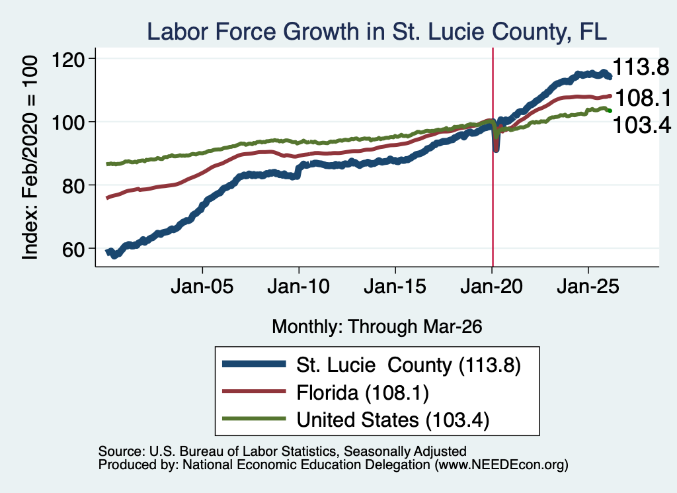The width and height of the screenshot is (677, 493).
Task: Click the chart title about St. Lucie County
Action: (x=377, y=32)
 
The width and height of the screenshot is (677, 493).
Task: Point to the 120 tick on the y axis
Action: (x=68, y=59)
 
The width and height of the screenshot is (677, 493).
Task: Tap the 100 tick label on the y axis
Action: (x=68, y=122)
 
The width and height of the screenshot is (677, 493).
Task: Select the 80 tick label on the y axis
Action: (x=74, y=186)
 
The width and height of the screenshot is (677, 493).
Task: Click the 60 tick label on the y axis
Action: (x=74, y=249)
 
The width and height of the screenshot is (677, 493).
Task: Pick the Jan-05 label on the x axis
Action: (x=202, y=287)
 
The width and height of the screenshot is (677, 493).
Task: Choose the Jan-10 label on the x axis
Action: (x=298, y=287)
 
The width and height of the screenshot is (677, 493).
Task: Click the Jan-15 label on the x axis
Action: (x=395, y=287)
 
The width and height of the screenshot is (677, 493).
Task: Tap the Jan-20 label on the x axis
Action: (x=491, y=287)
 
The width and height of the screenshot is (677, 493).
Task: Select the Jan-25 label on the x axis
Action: (x=588, y=287)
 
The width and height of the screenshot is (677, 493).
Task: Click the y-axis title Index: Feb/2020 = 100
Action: (x=30, y=157)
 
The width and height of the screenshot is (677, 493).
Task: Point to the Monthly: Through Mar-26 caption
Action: (x=377, y=327)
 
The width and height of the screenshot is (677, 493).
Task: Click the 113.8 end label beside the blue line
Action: (x=641, y=67)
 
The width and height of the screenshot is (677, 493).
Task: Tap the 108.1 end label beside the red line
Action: (x=643, y=98)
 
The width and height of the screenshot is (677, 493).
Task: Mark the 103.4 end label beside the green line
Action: (x=641, y=125)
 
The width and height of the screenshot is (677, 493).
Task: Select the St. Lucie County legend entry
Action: (x=372, y=365)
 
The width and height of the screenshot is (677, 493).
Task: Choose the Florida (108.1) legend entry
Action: (x=325, y=392)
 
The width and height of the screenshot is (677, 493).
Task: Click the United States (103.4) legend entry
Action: (x=356, y=420)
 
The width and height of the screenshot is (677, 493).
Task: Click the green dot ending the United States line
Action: (x=610, y=111)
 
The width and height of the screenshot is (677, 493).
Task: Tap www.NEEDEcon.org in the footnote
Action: (x=501, y=465)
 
